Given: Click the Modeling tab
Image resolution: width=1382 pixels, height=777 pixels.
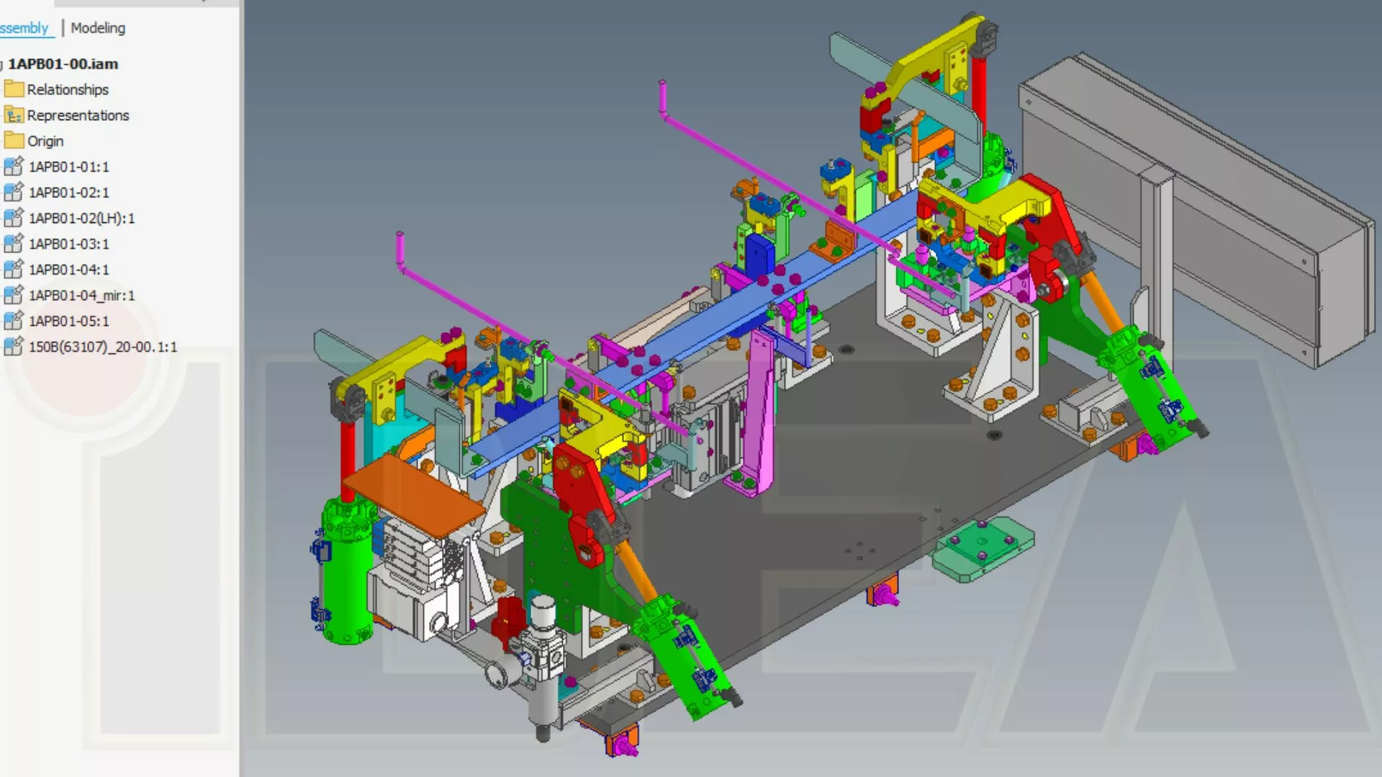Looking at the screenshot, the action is point(98,28).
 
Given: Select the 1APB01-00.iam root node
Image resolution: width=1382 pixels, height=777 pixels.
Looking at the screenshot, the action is point(63,64).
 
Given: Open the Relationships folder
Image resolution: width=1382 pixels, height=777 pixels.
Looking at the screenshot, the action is point(68,89).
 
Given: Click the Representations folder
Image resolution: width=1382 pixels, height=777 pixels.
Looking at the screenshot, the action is point(78,115).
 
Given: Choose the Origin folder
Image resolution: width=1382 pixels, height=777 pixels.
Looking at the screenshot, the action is point(45,141).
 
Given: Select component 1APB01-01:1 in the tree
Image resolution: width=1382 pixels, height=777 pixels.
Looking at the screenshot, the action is point(69,167).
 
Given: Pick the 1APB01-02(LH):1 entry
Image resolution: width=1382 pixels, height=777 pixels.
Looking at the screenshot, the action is point(82,218).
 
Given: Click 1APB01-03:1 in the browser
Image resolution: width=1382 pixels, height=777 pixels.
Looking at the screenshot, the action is point(69,244).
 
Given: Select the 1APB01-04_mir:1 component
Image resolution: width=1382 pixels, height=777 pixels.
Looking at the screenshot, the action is point(82,295).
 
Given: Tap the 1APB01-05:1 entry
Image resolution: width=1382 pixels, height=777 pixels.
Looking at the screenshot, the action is point(69,321).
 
